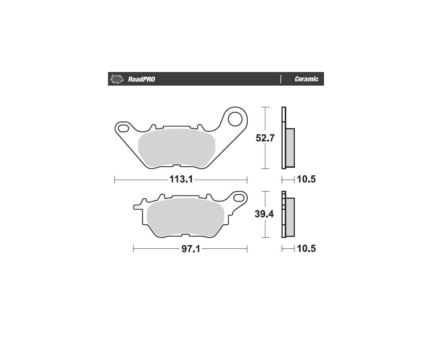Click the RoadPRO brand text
[x=141, y=79]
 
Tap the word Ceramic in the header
[x=306, y=79]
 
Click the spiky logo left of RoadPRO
[x=117, y=79]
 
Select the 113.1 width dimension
[x=181, y=179]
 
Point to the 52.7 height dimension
[x=265, y=138]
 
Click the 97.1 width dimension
[x=191, y=249]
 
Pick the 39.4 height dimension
[x=264, y=214]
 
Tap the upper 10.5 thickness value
[x=306, y=179]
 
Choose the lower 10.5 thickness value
[x=306, y=248]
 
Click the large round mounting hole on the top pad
[x=235, y=119]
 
